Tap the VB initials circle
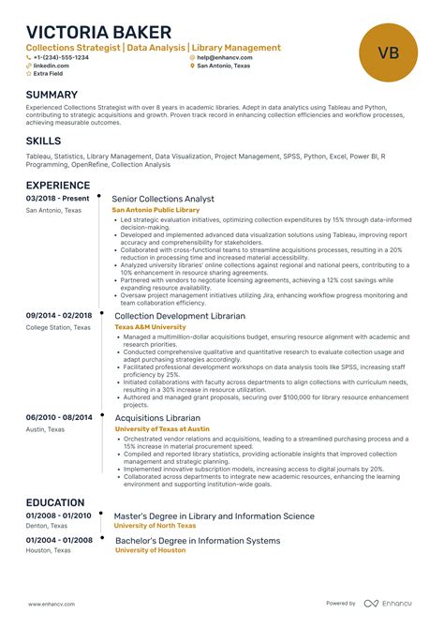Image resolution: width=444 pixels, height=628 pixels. tap(388, 52)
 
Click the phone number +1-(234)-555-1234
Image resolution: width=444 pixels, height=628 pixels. tap(61, 57)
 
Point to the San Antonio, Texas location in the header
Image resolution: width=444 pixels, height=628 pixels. tap(224, 67)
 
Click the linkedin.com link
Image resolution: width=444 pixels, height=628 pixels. tap(51, 67)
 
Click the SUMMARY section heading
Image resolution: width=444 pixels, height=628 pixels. tap(52, 96)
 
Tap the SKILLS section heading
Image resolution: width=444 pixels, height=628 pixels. tap(44, 141)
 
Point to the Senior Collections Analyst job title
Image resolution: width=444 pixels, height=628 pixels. tap(163, 200)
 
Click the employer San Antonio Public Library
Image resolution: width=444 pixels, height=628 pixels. tap(155, 210)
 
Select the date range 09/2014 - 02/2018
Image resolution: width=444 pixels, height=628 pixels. tap(59, 316)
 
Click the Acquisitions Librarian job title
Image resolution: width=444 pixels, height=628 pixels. tap(157, 418)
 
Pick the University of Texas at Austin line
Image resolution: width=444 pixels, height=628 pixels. tap(162, 428)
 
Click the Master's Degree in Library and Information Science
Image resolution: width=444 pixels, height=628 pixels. tap(214, 516)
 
